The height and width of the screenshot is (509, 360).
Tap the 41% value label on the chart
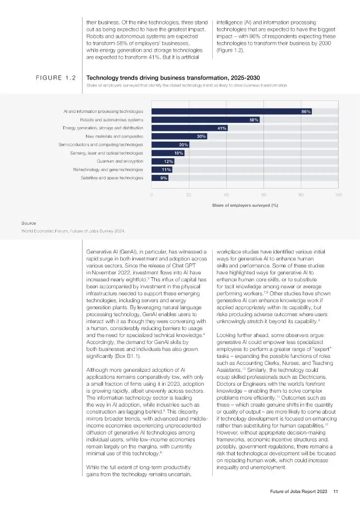coord(222,128)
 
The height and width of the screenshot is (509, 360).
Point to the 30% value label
coord(201,136)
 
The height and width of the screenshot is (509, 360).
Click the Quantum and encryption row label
coord(120,161)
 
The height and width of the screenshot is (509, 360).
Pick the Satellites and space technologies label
coord(112,177)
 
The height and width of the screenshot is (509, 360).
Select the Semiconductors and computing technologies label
coord(100,145)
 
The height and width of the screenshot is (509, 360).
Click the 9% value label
coord(164,177)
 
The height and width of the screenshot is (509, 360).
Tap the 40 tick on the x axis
coord(226,194)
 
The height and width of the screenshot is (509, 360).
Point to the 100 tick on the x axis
coord(339,194)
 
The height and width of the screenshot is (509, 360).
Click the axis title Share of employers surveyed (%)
coord(245,205)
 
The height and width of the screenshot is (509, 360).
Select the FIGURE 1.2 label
coord(55,78)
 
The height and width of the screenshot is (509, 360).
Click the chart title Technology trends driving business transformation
coord(159,78)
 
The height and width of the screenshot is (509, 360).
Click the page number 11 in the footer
coord(336,492)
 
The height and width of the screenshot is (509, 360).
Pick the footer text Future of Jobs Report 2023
coord(295,492)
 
